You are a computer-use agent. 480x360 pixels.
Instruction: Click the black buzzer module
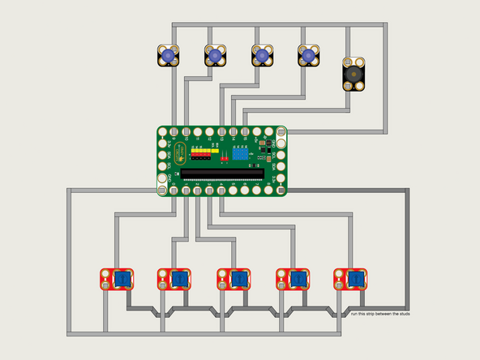353,73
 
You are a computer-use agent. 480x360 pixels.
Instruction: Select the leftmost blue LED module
169,56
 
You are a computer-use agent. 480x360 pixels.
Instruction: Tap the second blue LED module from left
216,56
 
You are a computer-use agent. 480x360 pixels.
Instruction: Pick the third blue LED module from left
262,56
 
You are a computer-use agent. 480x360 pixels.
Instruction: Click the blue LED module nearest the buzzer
309,56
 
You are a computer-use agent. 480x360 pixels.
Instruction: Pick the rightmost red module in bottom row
350,281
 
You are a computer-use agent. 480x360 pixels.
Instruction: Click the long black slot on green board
221,174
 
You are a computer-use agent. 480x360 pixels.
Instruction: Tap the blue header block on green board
242,153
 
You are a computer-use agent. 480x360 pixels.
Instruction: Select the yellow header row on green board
210,150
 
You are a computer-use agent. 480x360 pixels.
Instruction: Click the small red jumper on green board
224,161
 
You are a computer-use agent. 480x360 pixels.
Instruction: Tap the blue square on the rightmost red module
357,281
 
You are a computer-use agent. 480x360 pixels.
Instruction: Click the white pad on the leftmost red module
106,285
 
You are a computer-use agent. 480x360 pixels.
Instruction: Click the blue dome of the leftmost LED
169,56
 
